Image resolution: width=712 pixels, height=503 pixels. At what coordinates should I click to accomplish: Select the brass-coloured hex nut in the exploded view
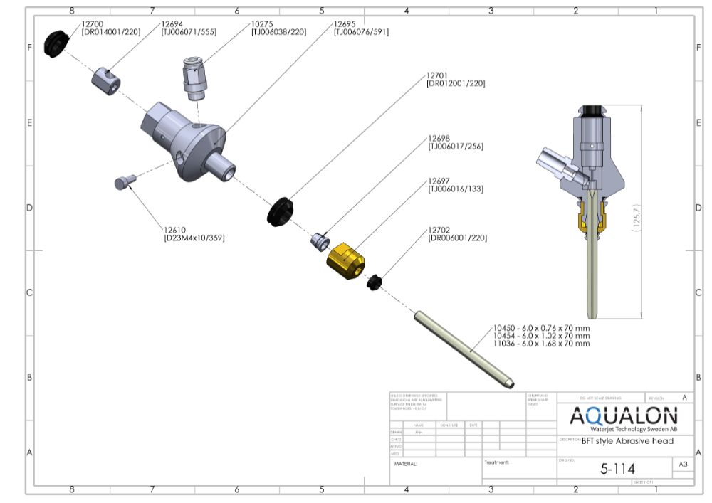[x=345, y=260]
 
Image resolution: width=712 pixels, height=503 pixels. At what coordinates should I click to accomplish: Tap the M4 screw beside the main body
[x=124, y=183]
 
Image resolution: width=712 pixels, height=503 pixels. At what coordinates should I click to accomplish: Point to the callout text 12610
[x=175, y=230]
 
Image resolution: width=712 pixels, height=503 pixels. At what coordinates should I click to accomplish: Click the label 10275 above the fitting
[x=261, y=23]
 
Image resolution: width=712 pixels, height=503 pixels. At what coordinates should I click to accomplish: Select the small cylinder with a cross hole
[x=105, y=75]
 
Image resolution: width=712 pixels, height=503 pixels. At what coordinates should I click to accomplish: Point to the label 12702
[x=439, y=231]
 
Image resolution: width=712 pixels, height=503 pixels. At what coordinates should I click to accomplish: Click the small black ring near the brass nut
[x=375, y=282]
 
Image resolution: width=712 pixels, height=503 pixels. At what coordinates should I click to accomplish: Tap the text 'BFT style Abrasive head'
[x=627, y=441]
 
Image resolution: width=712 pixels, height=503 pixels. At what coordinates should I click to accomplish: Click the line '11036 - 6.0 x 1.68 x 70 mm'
[x=541, y=344]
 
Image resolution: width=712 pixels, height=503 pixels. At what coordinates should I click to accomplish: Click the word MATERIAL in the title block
[x=406, y=463]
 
